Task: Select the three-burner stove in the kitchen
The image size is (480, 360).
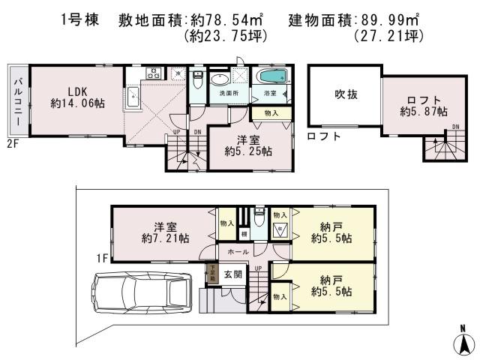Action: click(154, 73)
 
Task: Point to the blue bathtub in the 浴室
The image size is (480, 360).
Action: click(269, 77)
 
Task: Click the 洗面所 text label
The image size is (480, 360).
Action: click(229, 94)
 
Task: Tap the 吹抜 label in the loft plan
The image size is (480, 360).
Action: click(344, 94)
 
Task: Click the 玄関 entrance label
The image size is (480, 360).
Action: click(232, 275)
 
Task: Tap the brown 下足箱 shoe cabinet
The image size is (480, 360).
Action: click(212, 274)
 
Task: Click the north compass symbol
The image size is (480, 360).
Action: click(463, 341)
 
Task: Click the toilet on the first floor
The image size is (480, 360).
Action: click(259, 217)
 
